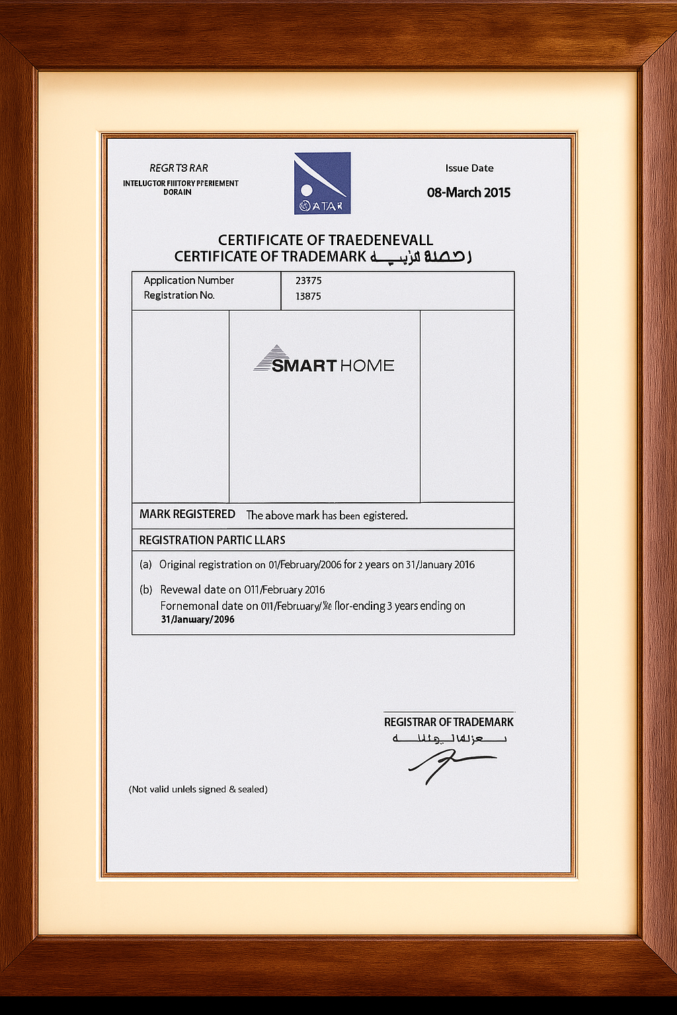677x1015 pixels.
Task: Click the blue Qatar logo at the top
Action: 322,183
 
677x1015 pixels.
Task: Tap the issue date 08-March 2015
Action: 469,192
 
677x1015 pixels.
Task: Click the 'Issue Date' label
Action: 469,168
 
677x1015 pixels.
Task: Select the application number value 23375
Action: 308,281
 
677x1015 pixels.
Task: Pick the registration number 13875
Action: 308,296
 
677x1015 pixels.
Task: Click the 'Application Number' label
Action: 189,280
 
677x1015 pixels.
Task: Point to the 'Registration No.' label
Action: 179,295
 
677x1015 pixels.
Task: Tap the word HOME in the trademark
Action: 367,365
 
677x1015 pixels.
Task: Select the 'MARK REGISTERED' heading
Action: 187,514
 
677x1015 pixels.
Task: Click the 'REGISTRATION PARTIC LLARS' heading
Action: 212,540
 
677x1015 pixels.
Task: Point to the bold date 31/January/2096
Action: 198,620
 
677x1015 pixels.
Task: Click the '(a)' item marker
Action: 145,565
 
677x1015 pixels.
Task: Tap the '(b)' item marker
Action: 146,589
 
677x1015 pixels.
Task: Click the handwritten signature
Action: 450,767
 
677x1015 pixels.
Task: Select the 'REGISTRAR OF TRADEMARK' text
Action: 448,722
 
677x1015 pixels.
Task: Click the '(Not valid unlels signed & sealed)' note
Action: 198,789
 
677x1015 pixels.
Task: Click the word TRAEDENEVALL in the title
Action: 381,240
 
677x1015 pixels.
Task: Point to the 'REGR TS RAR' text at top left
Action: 179,168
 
